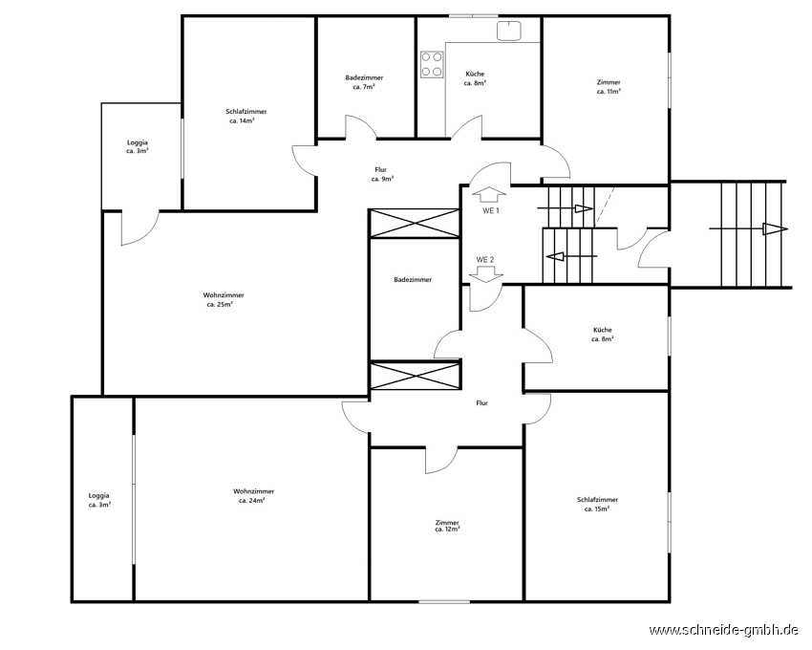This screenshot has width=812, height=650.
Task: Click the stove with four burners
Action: tap(432, 64)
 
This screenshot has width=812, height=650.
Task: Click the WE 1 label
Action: tap(490, 211)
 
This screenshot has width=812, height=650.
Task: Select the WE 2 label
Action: tap(485, 260)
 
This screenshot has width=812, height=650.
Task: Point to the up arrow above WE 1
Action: tap(489, 194)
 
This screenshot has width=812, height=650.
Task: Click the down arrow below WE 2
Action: tap(485, 274)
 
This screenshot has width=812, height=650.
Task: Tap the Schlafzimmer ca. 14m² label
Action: tap(246, 116)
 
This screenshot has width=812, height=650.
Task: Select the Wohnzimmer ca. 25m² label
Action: tap(224, 299)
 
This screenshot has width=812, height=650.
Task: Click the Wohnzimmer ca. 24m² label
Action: tap(253, 495)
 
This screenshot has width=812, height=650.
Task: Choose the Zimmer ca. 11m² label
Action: tap(609, 87)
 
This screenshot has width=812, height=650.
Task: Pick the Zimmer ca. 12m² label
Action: tap(447, 526)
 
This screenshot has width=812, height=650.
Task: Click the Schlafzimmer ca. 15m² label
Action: tap(597, 505)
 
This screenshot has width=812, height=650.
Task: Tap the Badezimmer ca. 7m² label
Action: tap(364, 82)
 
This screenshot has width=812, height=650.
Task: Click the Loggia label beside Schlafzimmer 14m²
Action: tap(138, 142)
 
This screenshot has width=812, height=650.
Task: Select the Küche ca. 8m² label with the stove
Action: tap(475, 78)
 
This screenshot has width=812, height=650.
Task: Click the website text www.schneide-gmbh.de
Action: tap(723, 630)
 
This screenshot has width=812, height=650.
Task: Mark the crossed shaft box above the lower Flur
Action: tap(416, 377)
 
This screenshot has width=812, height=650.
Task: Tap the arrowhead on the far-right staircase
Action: tap(775, 228)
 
